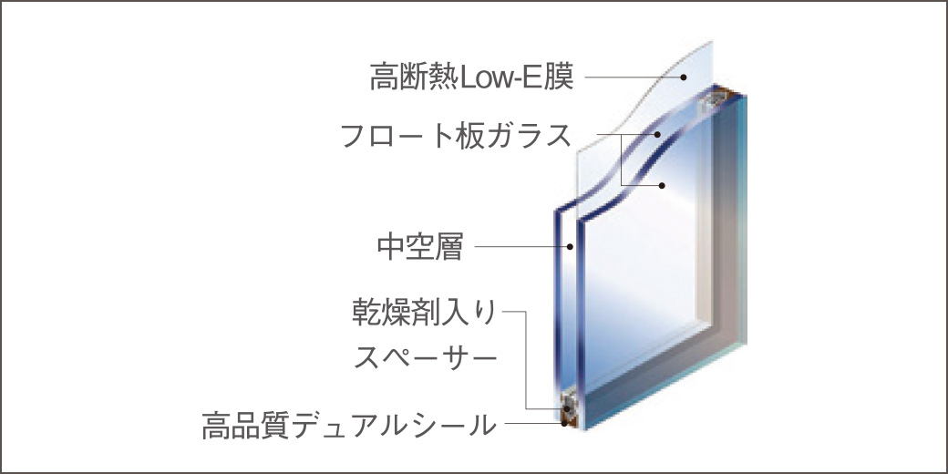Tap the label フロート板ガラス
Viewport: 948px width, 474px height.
click(x=456, y=136)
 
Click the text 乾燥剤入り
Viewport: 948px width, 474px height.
click(x=425, y=314)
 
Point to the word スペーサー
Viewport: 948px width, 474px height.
click(x=425, y=357)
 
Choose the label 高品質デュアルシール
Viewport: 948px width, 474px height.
click(x=349, y=425)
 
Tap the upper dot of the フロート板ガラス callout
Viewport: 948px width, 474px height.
click(x=657, y=136)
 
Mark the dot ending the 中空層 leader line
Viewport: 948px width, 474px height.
click(x=572, y=245)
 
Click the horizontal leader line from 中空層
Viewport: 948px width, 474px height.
click(x=520, y=245)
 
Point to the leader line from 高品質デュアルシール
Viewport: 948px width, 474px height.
click(x=529, y=425)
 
